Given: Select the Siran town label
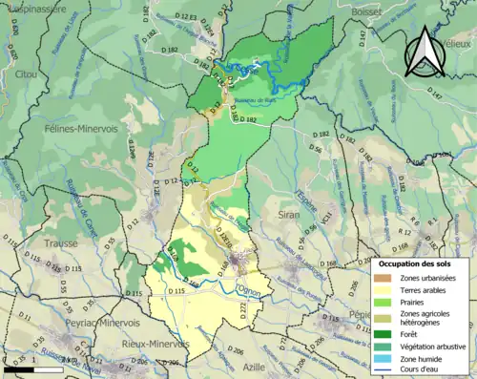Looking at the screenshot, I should coord(288,217).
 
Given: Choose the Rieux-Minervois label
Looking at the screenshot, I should coord(135,344).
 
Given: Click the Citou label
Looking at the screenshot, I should coord(27,74).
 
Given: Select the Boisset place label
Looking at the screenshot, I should coord(341,13).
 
